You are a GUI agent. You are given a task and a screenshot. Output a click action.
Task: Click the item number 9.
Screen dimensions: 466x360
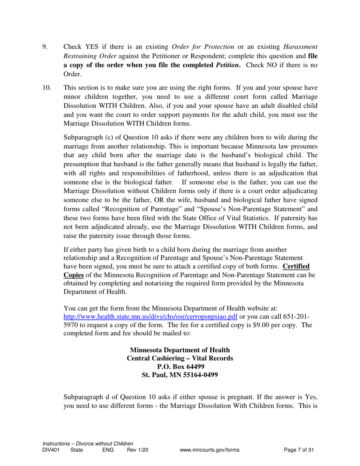[x=44, y=47]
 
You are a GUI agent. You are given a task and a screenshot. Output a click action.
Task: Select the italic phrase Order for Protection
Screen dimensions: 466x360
[x=203, y=47]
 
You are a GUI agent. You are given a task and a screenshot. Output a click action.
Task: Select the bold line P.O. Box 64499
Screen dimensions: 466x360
[x=180, y=367]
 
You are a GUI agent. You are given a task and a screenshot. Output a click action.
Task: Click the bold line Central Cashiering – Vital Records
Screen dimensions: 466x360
[x=180, y=358]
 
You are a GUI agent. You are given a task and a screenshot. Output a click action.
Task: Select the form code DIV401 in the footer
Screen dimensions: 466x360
[x=51, y=450]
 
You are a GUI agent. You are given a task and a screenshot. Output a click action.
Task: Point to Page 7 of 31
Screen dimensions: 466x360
[x=299, y=450]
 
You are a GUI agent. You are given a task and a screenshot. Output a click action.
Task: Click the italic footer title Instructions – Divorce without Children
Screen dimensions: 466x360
[x=88, y=444]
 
